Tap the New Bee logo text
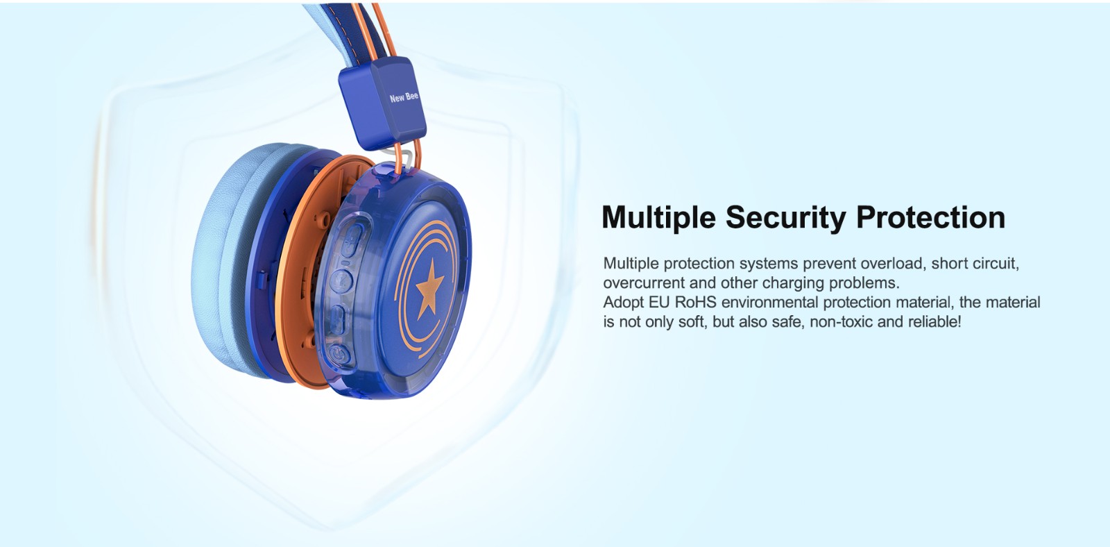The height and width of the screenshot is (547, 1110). pyautogui.click(x=404, y=97)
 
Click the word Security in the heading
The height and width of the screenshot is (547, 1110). pyautogui.click(x=785, y=217)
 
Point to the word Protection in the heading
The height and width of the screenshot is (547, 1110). pyautogui.click(x=930, y=217)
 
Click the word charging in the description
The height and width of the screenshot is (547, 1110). pyautogui.click(x=792, y=283)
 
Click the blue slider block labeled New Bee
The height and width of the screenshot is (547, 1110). pyautogui.click(x=382, y=103)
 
